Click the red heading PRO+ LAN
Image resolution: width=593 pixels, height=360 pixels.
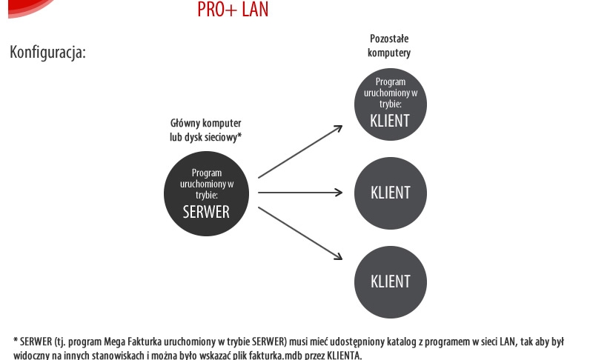[233, 10]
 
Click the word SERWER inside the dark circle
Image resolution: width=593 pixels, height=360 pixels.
[206, 211]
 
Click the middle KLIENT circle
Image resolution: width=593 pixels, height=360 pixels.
[390, 193]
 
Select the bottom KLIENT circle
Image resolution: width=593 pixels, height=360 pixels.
[390, 281]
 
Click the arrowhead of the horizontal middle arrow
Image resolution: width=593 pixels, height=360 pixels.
[339, 193]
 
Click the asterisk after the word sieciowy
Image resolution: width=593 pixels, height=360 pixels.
[241, 136]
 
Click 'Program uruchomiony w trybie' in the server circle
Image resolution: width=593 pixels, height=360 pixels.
[206, 183]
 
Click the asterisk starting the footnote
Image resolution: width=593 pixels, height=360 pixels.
[16, 341]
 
